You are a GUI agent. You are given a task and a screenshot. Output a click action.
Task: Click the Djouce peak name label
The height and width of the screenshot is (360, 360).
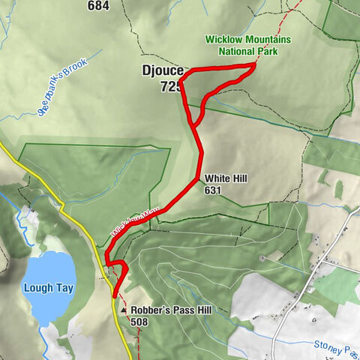click(162, 72)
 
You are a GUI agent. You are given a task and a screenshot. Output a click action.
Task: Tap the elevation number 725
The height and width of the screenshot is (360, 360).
click(171, 87)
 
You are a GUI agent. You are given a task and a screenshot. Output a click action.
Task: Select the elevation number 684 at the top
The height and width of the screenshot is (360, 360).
click(118, 6)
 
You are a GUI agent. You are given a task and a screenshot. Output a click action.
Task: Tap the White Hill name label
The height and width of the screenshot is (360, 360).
click(226, 178)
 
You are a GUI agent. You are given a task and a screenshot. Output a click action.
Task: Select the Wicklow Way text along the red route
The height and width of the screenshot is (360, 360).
click(133, 221)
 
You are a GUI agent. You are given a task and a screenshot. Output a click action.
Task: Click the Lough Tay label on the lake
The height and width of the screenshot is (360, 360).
click(49, 289)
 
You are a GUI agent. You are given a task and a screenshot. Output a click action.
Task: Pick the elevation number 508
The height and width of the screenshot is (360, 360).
click(139, 322)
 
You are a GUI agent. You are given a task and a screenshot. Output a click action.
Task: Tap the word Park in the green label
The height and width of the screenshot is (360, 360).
click(266, 52)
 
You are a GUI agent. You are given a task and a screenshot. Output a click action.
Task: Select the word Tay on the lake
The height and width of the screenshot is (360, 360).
click(64, 289)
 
